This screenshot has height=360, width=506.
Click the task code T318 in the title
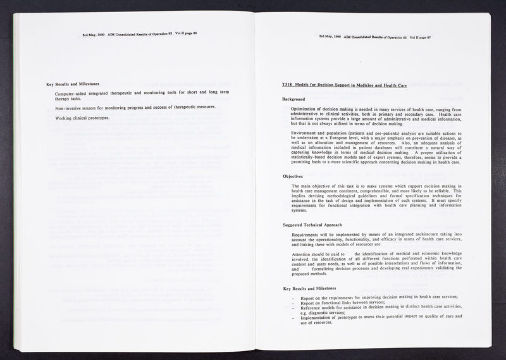pyautogui.click(x=288, y=85)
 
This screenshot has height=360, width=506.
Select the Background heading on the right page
pyautogui.click(x=293, y=99)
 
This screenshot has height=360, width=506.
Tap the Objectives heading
pyautogui.click(x=293, y=175)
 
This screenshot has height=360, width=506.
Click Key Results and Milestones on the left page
pyautogui.click(x=72, y=84)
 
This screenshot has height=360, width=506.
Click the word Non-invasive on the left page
pyautogui.click(x=69, y=107)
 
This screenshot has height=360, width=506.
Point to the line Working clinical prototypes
pyautogui.click(x=82, y=118)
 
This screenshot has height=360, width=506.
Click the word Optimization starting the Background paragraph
pyautogui.click(x=305, y=109)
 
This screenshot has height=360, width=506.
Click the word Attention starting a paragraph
pyautogui.click(x=303, y=254)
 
